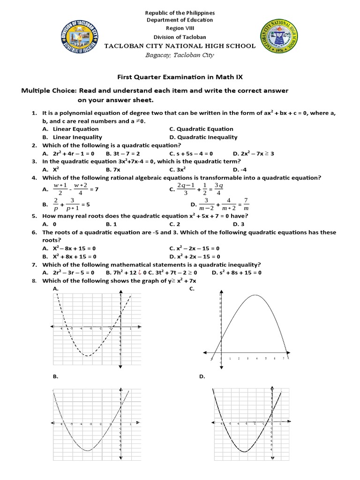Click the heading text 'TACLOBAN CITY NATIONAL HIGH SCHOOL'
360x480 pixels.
[x=180, y=46]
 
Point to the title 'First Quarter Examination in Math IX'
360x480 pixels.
[x=180, y=76]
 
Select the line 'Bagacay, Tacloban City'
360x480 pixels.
[x=180, y=55]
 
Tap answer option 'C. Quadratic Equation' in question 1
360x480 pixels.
[x=201, y=129]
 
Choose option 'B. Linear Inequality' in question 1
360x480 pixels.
[x=72, y=137]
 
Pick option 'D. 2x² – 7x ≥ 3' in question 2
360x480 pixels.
[x=253, y=153]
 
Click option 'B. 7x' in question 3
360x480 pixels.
[x=114, y=169]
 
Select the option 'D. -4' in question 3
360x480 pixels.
[x=240, y=169]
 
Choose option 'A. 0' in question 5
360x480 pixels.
[x=49, y=224]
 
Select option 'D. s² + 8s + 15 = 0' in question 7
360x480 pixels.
[x=236, y=272]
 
